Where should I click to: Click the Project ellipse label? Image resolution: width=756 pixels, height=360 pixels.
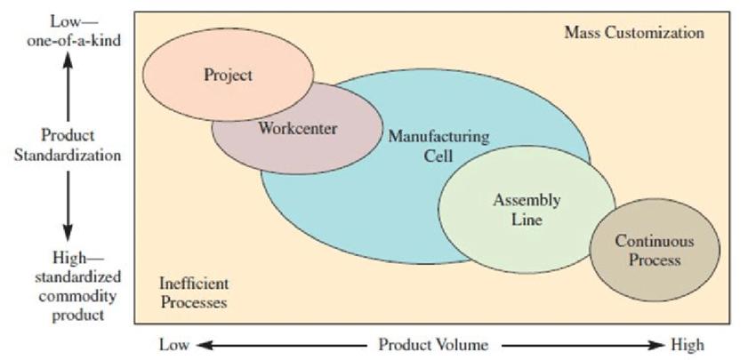point(228,75)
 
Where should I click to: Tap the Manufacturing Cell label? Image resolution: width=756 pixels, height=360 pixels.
point(438,146)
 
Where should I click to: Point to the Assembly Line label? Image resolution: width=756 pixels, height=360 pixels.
point(527,209)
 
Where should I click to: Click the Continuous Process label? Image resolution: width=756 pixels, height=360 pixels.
point(655,250)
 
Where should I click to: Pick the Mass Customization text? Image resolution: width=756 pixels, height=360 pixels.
point(634,33)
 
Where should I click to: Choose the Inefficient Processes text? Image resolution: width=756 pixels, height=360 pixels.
point(193,292)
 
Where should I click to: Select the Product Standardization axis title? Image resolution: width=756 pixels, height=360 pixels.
point(68,145)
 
